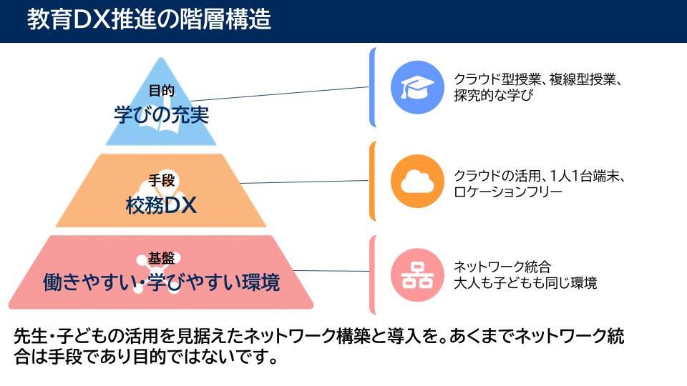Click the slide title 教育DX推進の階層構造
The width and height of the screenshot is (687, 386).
[x=149, y=20]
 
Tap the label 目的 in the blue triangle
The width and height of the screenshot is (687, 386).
[x=161, y=91]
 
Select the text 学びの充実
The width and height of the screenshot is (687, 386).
[x=161, y=114]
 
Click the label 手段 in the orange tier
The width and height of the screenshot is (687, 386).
[x=161, y=180]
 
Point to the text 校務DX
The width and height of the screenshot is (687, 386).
[x=161, y=205]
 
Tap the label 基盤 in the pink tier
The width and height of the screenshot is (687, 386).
[x=161, y=258]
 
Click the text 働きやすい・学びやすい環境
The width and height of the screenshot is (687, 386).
[x=161, y=282]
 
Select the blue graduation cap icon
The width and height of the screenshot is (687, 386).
[x=417, y=87]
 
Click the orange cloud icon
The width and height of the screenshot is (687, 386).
[x=417, y=181]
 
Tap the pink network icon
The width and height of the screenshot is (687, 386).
[x=417, y=274]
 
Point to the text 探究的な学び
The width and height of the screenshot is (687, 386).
[x=493, y=95]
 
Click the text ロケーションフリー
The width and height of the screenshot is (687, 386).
[x=508, y=192]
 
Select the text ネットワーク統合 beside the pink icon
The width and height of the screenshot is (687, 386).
[x=502, y=267]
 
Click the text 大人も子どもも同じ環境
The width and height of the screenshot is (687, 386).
[x=525, y=283]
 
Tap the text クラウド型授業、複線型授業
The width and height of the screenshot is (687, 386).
[x=535, y=79]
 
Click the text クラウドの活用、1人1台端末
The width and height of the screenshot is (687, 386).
[x=536, y=176]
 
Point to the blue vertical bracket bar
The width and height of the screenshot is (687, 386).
[x=372, y=87]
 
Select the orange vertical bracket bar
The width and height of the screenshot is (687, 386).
[x=372, y=181]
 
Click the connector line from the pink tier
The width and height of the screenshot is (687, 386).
[x=331, y=271]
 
